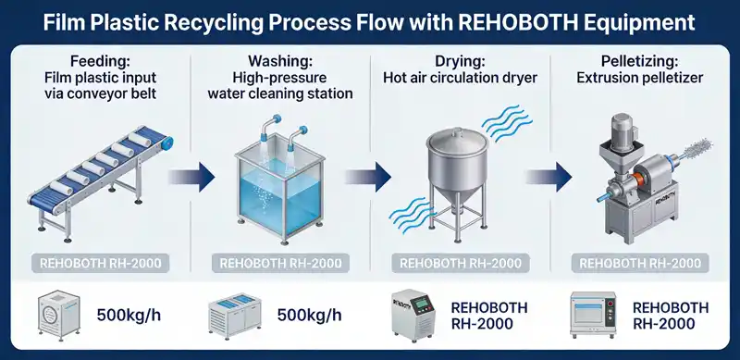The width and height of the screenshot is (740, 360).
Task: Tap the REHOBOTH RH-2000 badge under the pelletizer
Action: click(638, 263)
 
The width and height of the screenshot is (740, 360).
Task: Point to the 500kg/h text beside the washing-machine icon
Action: click(129, 316)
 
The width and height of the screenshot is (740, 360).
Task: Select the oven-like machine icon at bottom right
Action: click(593, 315)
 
